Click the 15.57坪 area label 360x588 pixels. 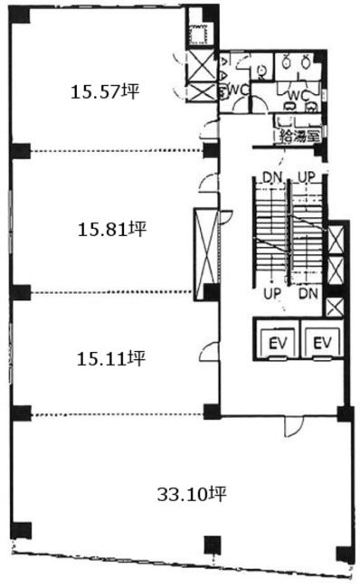pyautogui.click(x=105, y=91)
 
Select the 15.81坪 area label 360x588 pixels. pyautogui.click(x=112, y=229)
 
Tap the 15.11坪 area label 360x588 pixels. pyautogui.click(x=111, y=358)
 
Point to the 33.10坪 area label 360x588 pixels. pyautogui.click(x=192, y=494)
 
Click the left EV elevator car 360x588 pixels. pyautogui.click(x=278, y=343)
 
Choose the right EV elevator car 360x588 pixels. pyautogui.click(x=322, y=343)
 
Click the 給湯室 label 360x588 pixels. pyautogui.click(x=300, y=136)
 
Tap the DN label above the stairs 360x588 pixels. pyautogui.click(x=272, y=177)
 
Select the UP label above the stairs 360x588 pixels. pyautogui.click(x=307, y=177)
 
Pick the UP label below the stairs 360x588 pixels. pyautogui.click(x=272, y=294)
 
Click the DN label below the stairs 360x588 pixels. pyautogui.click(x=308, y=294)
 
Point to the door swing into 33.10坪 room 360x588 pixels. pyautogui.click(x=293, y=426)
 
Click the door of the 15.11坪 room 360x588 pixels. pyautogui.click(x=209, y=352)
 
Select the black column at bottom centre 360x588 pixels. pyautogui.click(x=213, y=545)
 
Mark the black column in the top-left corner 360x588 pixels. pyautogui.click(x=20, y=14)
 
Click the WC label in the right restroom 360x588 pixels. pyautogui.click(x=298, y=96)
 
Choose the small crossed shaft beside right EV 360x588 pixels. pyautogui.click(x=335, y=308)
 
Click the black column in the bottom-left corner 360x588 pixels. pyautogui.click(x=21, y=530)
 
